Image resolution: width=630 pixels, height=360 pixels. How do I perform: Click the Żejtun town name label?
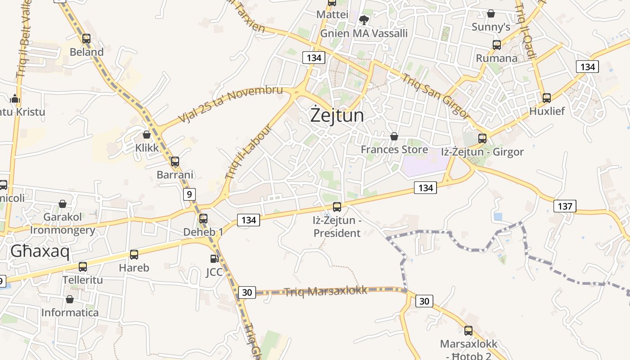coord(337,115)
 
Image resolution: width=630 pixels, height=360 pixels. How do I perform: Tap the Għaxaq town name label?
coord(40,252)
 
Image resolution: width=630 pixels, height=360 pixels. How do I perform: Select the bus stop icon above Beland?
coord(86,39)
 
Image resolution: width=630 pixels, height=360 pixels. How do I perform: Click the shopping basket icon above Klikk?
coord(146,134)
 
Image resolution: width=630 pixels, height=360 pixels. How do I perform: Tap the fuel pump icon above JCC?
coord(214,259)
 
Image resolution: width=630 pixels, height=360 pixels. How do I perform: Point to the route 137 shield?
coord(564,206)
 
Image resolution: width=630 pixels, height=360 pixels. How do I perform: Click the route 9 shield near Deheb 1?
coord(189,194)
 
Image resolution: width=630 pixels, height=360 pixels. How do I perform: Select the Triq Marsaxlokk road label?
coord(325,291)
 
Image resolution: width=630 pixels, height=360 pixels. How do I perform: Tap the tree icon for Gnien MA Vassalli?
coord(364,20)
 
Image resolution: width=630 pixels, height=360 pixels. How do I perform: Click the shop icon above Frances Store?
coord(394,136)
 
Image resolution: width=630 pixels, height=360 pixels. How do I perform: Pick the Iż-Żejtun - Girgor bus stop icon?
coord(482,138)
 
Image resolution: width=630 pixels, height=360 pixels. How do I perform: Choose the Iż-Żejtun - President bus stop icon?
coord(337,207)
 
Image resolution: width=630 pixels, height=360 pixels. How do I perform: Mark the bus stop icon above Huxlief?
coord(547,98)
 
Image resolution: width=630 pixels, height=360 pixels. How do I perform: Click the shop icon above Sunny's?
coord(491,13)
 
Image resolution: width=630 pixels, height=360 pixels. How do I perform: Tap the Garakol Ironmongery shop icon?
coord(63,204)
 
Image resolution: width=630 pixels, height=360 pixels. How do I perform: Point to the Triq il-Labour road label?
coord(248,152)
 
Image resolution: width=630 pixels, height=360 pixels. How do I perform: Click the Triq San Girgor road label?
coord(435,96)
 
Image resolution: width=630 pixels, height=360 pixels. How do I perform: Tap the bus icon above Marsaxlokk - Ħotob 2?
coord(468,331)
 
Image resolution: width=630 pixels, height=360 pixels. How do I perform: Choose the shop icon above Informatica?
coord(70,299)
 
